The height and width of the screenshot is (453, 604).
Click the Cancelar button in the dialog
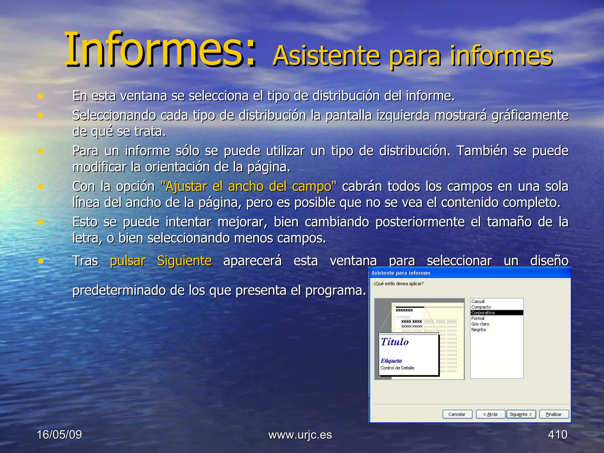coord(457,414)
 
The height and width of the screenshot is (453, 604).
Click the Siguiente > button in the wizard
coord(521,414)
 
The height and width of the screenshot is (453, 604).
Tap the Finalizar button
coord(554,414)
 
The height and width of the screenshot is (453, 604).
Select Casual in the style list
coord(478,301)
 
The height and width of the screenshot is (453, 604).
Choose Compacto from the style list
coord(481,307)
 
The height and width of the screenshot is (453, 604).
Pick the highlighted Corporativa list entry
coord(483,313)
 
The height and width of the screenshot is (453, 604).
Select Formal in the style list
coord(478,318)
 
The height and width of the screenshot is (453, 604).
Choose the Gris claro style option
coord(480,324)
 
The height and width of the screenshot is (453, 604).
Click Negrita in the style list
coord(478,329)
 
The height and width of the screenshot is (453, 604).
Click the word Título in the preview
coord(395,342)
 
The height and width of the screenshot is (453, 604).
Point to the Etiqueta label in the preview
coord(391,360)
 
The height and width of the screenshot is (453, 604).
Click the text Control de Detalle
coord(397,368)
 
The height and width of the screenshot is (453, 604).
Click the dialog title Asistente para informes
coord(401,273)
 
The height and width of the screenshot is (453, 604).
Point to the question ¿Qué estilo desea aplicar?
coord(398,284)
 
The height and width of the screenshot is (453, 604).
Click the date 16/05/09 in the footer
coord(59,434)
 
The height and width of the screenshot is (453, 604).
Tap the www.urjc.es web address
coord(300,434)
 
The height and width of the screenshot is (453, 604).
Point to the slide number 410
coord(557,434)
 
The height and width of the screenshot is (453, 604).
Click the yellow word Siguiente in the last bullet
coord(184,261)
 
